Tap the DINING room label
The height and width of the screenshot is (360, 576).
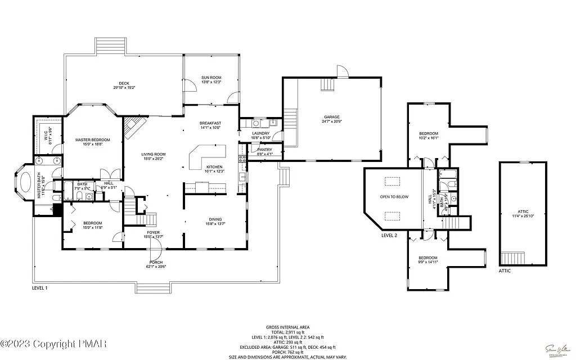pos(215,220)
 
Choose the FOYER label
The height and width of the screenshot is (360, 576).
pos(154,233)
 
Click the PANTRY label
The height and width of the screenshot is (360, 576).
pos(264,150)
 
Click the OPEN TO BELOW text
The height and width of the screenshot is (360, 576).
pos(394,197)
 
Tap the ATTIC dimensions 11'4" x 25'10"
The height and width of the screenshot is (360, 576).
pos(523,216)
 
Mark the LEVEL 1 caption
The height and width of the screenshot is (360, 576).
pos(39,288)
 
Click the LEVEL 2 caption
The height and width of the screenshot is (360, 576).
pos(389,236)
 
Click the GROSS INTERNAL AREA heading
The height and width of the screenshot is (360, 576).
pos(287,327)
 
